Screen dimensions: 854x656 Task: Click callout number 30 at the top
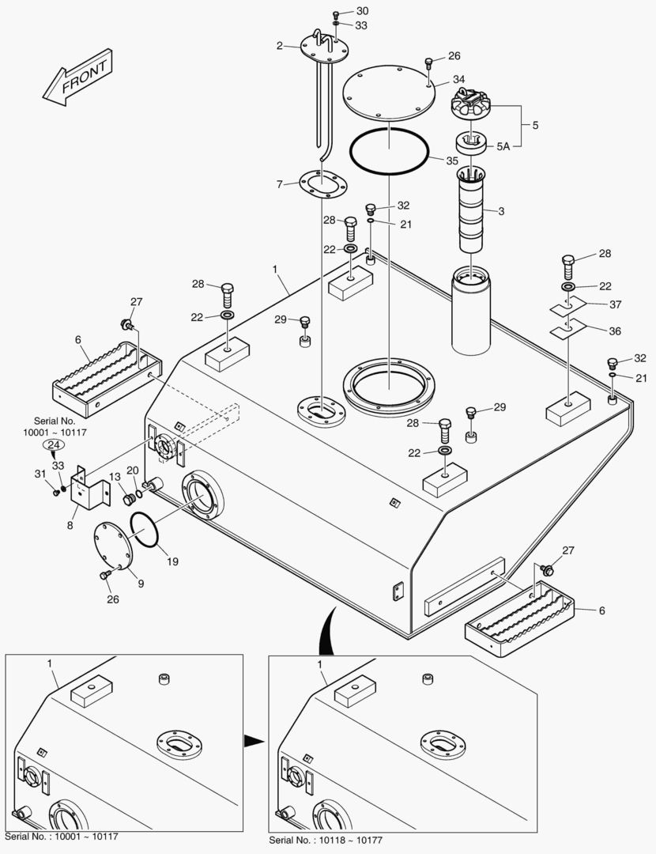[x=362, y=11]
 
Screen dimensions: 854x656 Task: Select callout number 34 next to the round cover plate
[x=459, y=80]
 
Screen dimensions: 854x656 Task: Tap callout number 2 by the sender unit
[x=279, y=46]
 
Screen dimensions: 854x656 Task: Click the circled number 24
[x=53, y=446]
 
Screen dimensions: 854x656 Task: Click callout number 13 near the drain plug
[x=115, y=477]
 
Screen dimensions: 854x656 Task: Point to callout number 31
[x=40, y=474]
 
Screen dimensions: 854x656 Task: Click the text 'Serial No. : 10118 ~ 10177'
[x=329, y=840]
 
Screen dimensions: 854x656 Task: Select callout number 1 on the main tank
[x=275, y=270]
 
